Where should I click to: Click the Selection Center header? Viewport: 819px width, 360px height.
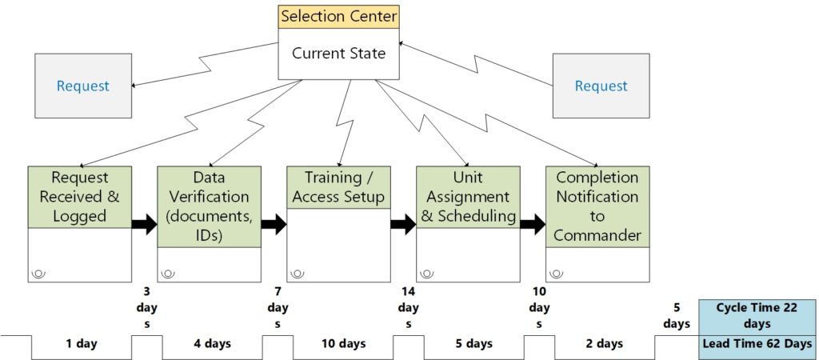click(x=338, y=16)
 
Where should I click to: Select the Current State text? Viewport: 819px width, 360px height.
click(x=338, y=54)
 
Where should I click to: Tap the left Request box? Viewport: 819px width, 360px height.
click(x=83, y=86)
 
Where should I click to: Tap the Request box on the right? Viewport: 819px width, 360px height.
click(x=601, y=86)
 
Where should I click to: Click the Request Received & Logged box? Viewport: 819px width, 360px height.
click(x=80, y=197)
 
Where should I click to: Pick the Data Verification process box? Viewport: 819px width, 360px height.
click(x=210, y=206)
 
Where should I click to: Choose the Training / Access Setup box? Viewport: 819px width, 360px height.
click(x=339, y=186)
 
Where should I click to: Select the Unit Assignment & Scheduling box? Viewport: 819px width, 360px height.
click(x=469, y=197)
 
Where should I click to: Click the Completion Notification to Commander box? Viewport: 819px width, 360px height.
click(x=597, y=206)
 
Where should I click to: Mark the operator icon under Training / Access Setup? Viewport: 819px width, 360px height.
click(x=298, y=274)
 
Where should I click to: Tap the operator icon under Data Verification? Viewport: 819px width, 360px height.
click(x=168, y=274)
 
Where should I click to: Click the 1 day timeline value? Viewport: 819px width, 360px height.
click(x=82, y=344)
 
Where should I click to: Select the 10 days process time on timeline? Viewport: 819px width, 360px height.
click(x=342, y=344)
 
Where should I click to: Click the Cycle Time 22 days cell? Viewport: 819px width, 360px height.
click(x=755, y=316)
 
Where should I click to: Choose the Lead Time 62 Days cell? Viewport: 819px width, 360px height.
click(x=755, y=344)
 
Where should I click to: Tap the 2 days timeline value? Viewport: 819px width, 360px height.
click(x=604, y=344)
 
